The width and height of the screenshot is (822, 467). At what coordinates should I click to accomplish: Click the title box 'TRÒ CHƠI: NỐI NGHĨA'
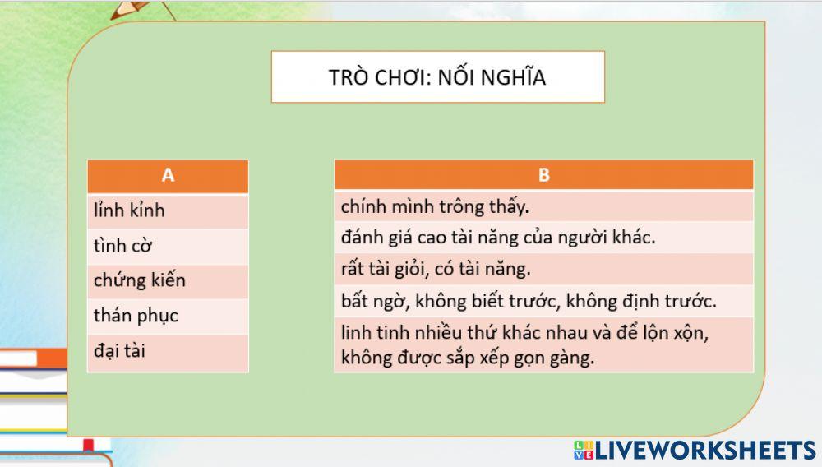coord(437,77)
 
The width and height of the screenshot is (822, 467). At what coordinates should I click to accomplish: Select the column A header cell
coord(168,175)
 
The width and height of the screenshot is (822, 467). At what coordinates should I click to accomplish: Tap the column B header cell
coord(543,175)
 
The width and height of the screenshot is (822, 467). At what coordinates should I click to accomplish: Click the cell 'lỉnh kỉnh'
coord(168,210)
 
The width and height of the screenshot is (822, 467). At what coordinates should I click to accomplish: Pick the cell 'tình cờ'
coord(168,246)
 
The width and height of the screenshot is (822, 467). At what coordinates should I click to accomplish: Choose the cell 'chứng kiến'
coord(168,280)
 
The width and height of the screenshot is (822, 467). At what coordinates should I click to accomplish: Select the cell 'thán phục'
coord(168,316)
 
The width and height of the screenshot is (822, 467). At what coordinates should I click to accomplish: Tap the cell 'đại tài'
coord(168,351)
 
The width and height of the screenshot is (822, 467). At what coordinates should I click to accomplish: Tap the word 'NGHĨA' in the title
coord(515,78)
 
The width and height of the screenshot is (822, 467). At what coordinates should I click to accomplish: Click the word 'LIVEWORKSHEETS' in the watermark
coord(705,450)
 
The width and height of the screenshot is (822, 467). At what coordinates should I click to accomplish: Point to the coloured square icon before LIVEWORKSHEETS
coord(583,450)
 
